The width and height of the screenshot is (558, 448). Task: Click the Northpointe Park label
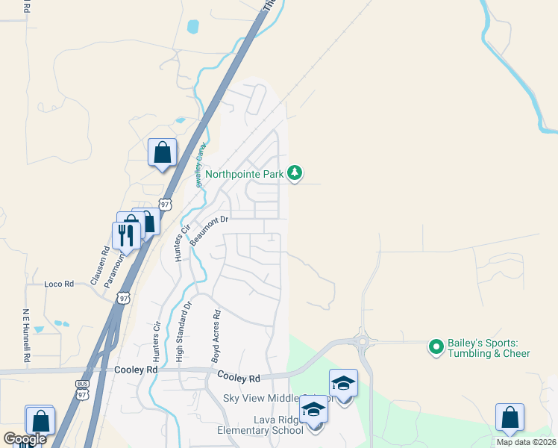245,174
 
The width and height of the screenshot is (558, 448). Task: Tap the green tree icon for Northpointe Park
295,173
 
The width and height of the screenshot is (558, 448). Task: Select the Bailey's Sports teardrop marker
436,347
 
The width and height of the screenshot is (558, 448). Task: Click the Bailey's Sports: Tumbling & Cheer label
489,348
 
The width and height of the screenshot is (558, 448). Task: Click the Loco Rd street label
59,284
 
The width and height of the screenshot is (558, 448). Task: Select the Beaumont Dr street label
207,229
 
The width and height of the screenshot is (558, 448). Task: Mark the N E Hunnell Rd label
25,335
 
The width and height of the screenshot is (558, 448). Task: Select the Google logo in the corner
25,438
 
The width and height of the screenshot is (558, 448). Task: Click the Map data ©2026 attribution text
526,442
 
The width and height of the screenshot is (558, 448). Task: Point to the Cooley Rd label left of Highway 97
137,370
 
